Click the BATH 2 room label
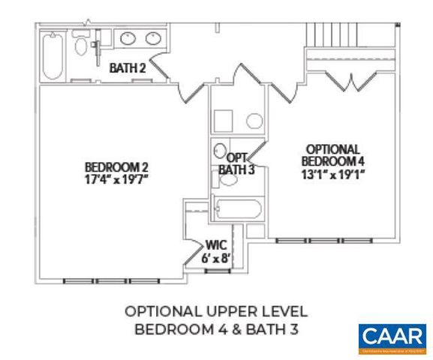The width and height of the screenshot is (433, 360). click(x=127, y=68)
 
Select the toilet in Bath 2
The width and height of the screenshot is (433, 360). click(x=82, y=46)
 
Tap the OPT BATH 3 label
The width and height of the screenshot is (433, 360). click(x=237, y=163)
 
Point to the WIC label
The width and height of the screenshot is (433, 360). click(x=216, y=244)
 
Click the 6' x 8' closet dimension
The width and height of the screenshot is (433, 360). click(x=216, y=257)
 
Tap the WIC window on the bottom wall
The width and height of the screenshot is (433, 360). click(x=218, y=270)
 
